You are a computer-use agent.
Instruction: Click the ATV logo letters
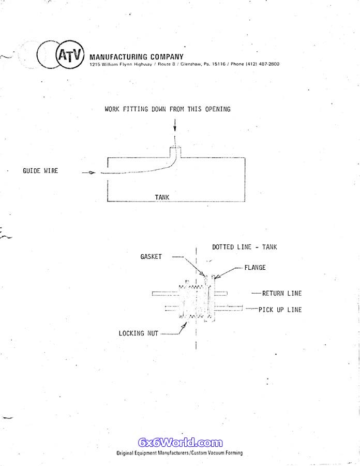69,55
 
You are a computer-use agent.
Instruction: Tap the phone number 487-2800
269,64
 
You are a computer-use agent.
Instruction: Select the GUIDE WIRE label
40,170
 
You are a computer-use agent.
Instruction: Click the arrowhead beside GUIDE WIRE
92,172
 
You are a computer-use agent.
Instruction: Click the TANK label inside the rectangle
162,197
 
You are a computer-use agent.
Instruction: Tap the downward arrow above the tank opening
175,125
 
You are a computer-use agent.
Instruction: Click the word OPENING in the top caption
218,109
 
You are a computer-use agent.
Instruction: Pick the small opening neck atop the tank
175,152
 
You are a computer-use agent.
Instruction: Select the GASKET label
151,256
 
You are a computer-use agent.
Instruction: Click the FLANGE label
255,268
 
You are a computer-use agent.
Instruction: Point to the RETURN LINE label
282,294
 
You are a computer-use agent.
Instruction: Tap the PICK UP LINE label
280,310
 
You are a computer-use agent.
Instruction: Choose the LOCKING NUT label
138,333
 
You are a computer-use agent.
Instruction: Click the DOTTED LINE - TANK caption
244,247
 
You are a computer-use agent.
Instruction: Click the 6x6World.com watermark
180,443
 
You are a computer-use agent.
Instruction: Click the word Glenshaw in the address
191,64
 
